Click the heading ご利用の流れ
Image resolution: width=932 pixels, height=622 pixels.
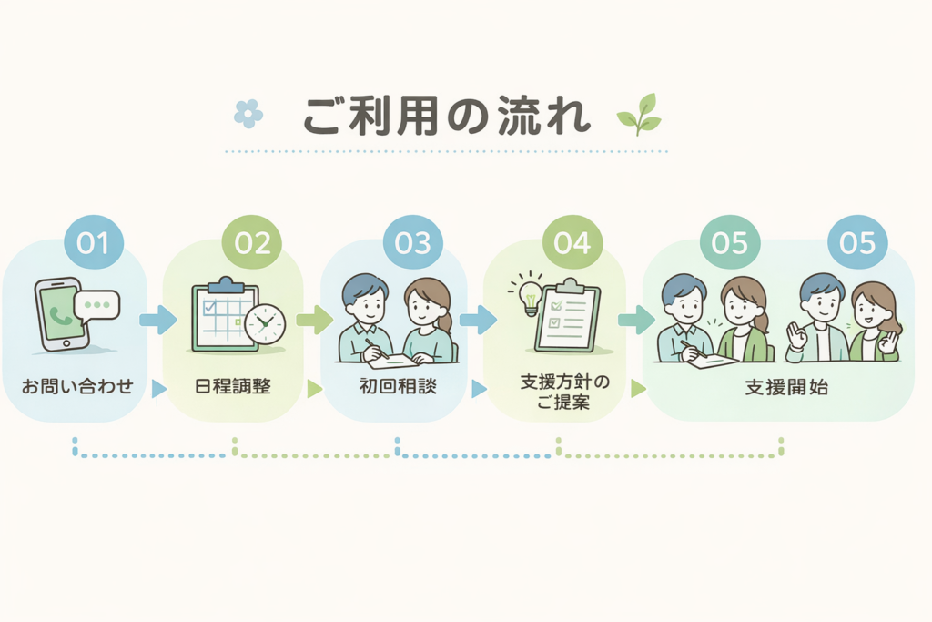point(446,116)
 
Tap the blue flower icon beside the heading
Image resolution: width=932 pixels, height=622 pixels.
point(248,113)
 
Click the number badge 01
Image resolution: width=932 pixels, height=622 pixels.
point(94,242)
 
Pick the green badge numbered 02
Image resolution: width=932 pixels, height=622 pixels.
point(252,242)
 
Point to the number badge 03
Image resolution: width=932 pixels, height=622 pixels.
point(412,242)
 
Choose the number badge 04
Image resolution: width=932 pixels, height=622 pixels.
point(572,242)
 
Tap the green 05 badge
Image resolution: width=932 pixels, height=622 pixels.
point(730,242)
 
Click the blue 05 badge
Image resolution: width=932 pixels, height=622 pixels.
point(857,242)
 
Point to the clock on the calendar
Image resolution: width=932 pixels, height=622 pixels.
point(265,324)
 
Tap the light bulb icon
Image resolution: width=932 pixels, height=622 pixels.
point(529,294)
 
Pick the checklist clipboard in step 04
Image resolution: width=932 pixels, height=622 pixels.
point(567,316)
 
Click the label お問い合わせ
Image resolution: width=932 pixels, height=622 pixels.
point(77,386)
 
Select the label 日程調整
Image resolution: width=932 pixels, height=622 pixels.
point(233,386)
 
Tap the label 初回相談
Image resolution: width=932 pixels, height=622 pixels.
point(398,386)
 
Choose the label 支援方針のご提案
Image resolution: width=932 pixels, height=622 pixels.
point(564,392)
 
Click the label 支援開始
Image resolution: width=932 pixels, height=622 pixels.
point(786,388)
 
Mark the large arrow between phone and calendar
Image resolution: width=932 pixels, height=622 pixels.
point(158,320)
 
